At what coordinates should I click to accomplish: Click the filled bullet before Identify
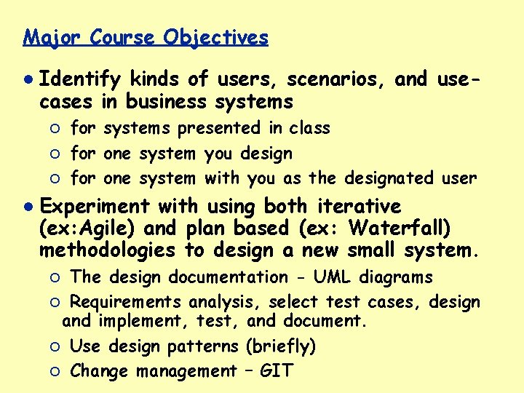[x=28, y=78]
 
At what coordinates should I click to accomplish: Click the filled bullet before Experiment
[x=28, y=207]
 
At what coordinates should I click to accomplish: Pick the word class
[x=309, y=128]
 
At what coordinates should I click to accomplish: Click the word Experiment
[x=98, y=207]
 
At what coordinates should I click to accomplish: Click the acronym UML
[x=327, y=277]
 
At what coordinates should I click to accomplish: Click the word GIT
[x=276, y=371]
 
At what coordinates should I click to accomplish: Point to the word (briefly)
[x=281, y=346]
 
